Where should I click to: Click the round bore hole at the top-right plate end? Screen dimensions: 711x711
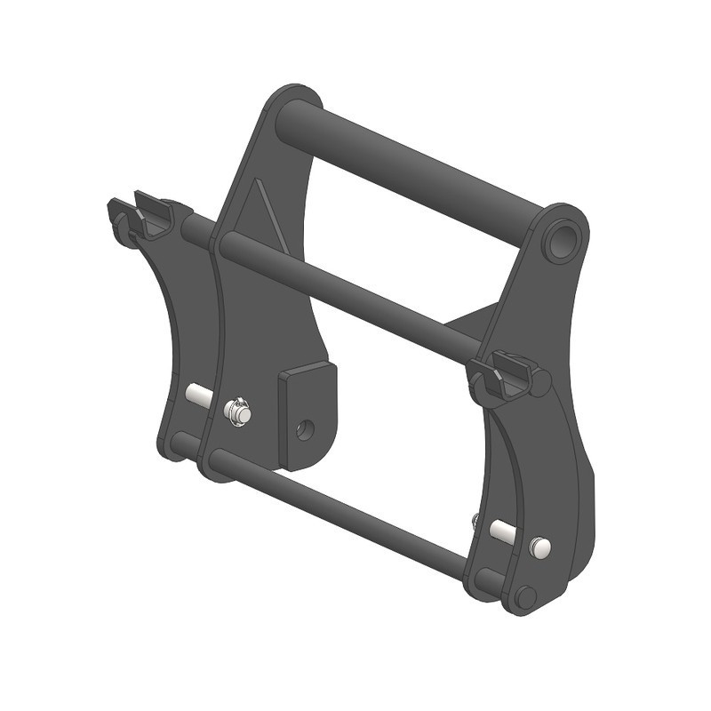(x=561, y=240)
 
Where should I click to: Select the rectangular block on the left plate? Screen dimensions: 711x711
(x=306, y=413)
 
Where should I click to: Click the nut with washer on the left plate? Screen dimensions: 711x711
(x=238, y=412)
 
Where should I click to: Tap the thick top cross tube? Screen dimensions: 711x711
(x=409, y=169)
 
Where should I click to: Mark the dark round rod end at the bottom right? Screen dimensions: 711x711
(x=526, y=597)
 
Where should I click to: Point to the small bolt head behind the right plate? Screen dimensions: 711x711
(x=476, y=519)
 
